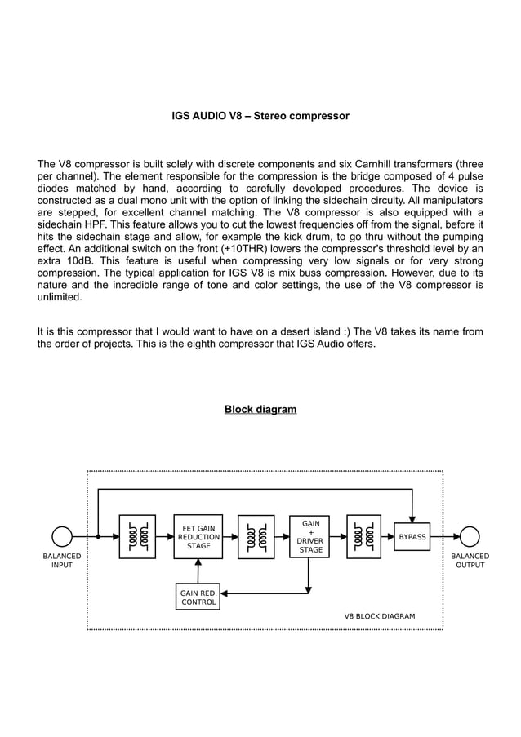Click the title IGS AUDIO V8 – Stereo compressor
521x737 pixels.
pyautogui.click(x=260, y=117)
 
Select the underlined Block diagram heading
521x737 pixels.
pyautogui.click(x=260, y=409)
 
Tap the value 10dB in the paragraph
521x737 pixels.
pyautogui.click(x=69, y=261)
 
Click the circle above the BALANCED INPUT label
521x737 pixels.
pyautogui.click(x=62, y=537)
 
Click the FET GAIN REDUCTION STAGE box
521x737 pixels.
pyautogui.click(x=198, y=537)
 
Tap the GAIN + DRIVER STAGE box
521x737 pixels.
pyautogui.click(x=309, y=537)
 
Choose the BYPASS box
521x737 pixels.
pyautogui.click(x=412, y=537)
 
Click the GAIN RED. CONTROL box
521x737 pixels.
pyautogui.click(x=198, y=597)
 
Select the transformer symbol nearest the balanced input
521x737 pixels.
pyautogui.click(x=136, y=537)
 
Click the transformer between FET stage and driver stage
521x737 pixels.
pyautogui.click(x=256, y=537)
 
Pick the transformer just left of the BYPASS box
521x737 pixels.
pyautogui.click(x=363, y=537)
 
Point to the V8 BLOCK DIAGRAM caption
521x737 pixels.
pyautogui.click(x=379, y=616)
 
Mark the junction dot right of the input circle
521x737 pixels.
pyautogui.click(x=98, y=537)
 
